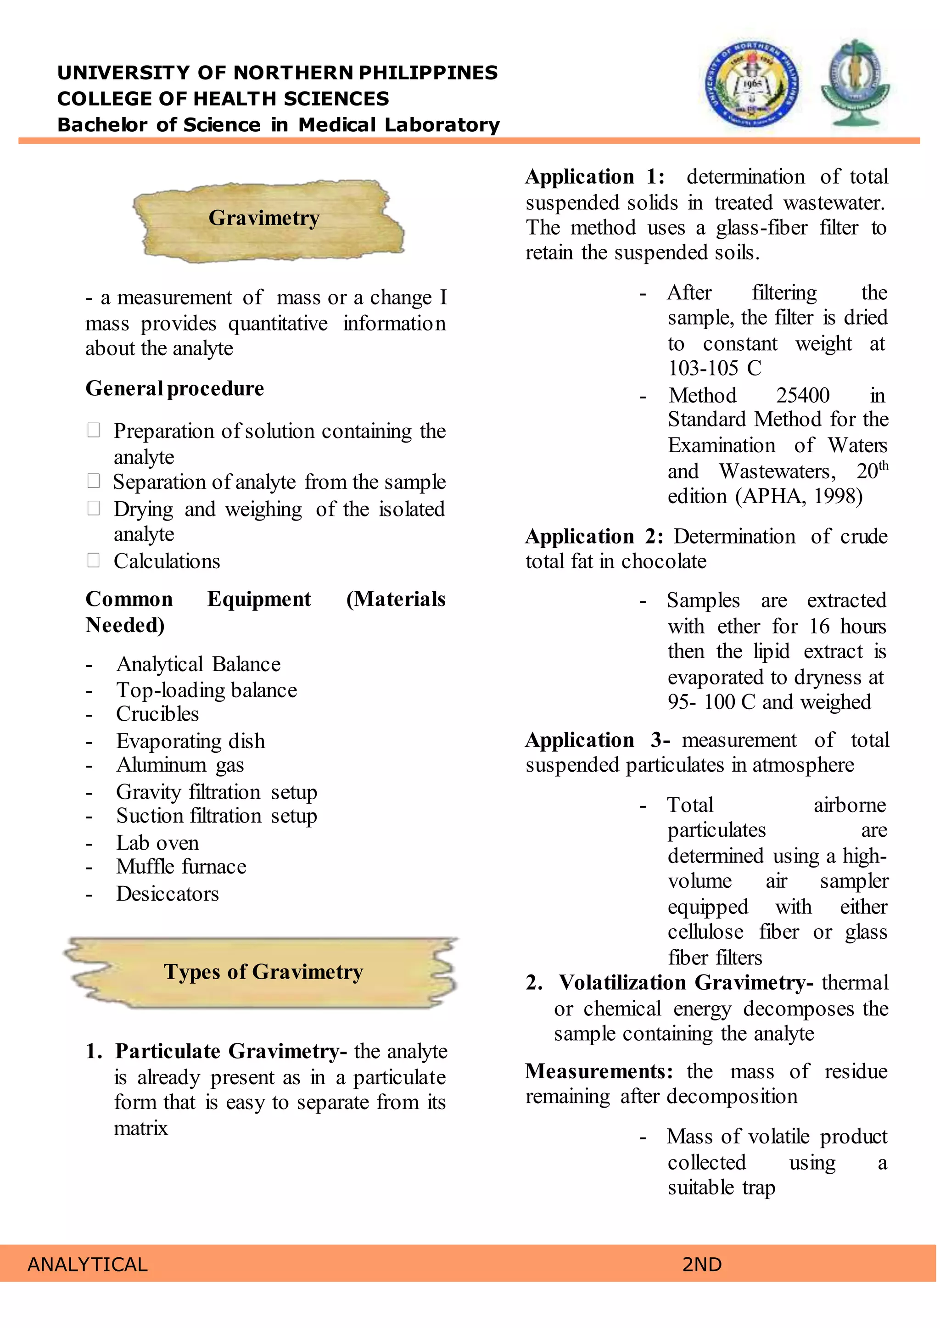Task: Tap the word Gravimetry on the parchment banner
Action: click(x=264, y=218)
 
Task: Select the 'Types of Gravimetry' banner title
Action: click(x=263, y=972)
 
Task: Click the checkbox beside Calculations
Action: click(x=93, y=560)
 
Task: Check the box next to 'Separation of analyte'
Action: click(x=93, y=481)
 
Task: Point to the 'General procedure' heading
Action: click(x=175, y=388)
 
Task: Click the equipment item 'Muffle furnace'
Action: click(x=181, y=867)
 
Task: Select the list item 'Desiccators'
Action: click(x=167, y=894)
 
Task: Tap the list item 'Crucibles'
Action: click(x=157, y=714)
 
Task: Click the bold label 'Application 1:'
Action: click(x=595, y=177)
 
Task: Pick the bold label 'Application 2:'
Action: click(x=594, y=537)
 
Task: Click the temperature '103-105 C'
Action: click(x=715, y=368)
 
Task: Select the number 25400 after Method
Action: click(x=802, y=395)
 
